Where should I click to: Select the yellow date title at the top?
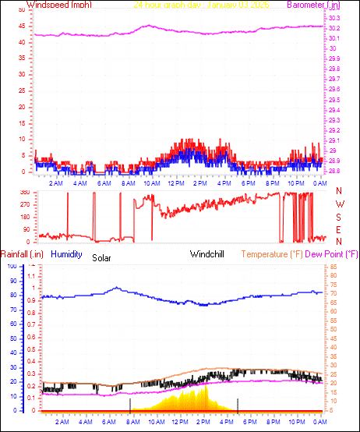pyautogui.click(x=202, y=5)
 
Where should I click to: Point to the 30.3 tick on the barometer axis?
pyautogui.click(x=334, y=18)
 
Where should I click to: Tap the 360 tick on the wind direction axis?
pyautogui.click(x=23, y=192)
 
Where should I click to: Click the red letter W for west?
pyautogui.click(x=339, y=204)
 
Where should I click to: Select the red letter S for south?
pyautogui.click(x=339, y=217)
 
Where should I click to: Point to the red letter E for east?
pyautogui.click(x=339, y=229)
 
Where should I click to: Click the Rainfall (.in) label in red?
pyautogui.click(x=21, y=254)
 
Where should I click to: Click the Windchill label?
pyautogui.click(x=208, y=254)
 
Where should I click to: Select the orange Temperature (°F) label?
pyautogui.click(x=271, y=254)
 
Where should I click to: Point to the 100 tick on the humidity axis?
pyautogui.click(x=11, y=267)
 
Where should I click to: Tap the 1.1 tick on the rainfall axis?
pyautogui.click(x=32, y=275)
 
